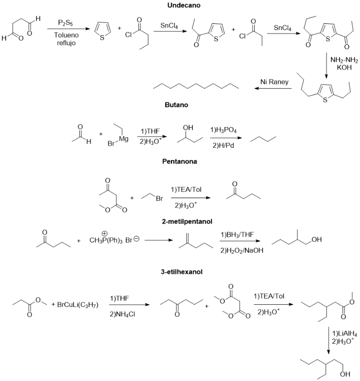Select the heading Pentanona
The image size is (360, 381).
tap(180, 162)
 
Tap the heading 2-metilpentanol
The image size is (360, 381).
tap(180, 221)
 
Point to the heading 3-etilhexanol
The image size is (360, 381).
tap(180, 272)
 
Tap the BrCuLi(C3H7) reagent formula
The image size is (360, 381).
tap(78, 304)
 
